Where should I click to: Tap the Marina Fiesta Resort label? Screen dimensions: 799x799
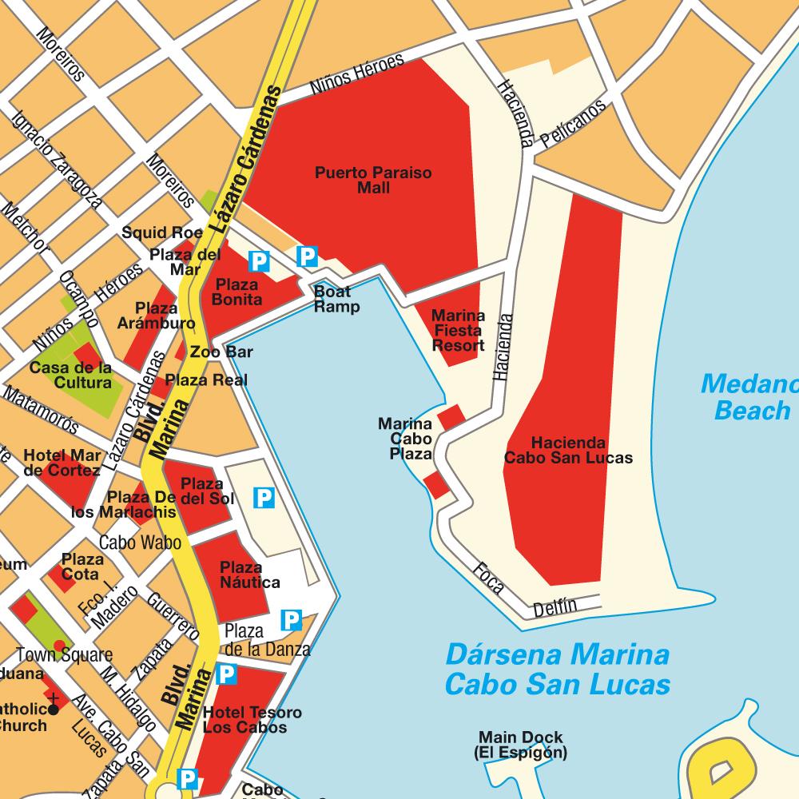coord(458,330)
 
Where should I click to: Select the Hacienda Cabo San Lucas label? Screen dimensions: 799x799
coord(568,450)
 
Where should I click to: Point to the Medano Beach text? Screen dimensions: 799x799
coord(749,397)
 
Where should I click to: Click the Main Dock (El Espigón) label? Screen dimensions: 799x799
coord(520,745)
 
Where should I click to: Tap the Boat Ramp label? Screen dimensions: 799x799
coord(336,299)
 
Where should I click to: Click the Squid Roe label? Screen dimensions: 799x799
coord(162,233)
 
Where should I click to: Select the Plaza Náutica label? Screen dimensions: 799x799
coord(250,575)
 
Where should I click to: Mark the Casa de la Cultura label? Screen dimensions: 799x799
coord(71,375)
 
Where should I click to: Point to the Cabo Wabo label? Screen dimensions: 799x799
coord(140,543)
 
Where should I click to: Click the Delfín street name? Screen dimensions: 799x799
coord(555,607)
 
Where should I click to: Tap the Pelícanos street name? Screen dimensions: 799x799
coord(572,125)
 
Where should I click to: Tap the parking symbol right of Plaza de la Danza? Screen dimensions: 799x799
coord(292,619)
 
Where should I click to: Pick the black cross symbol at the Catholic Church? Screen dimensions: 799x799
coord(54,708)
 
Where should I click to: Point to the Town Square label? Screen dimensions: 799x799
coord(65,655)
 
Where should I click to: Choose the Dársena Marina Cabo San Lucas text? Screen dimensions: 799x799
coord(557,670)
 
